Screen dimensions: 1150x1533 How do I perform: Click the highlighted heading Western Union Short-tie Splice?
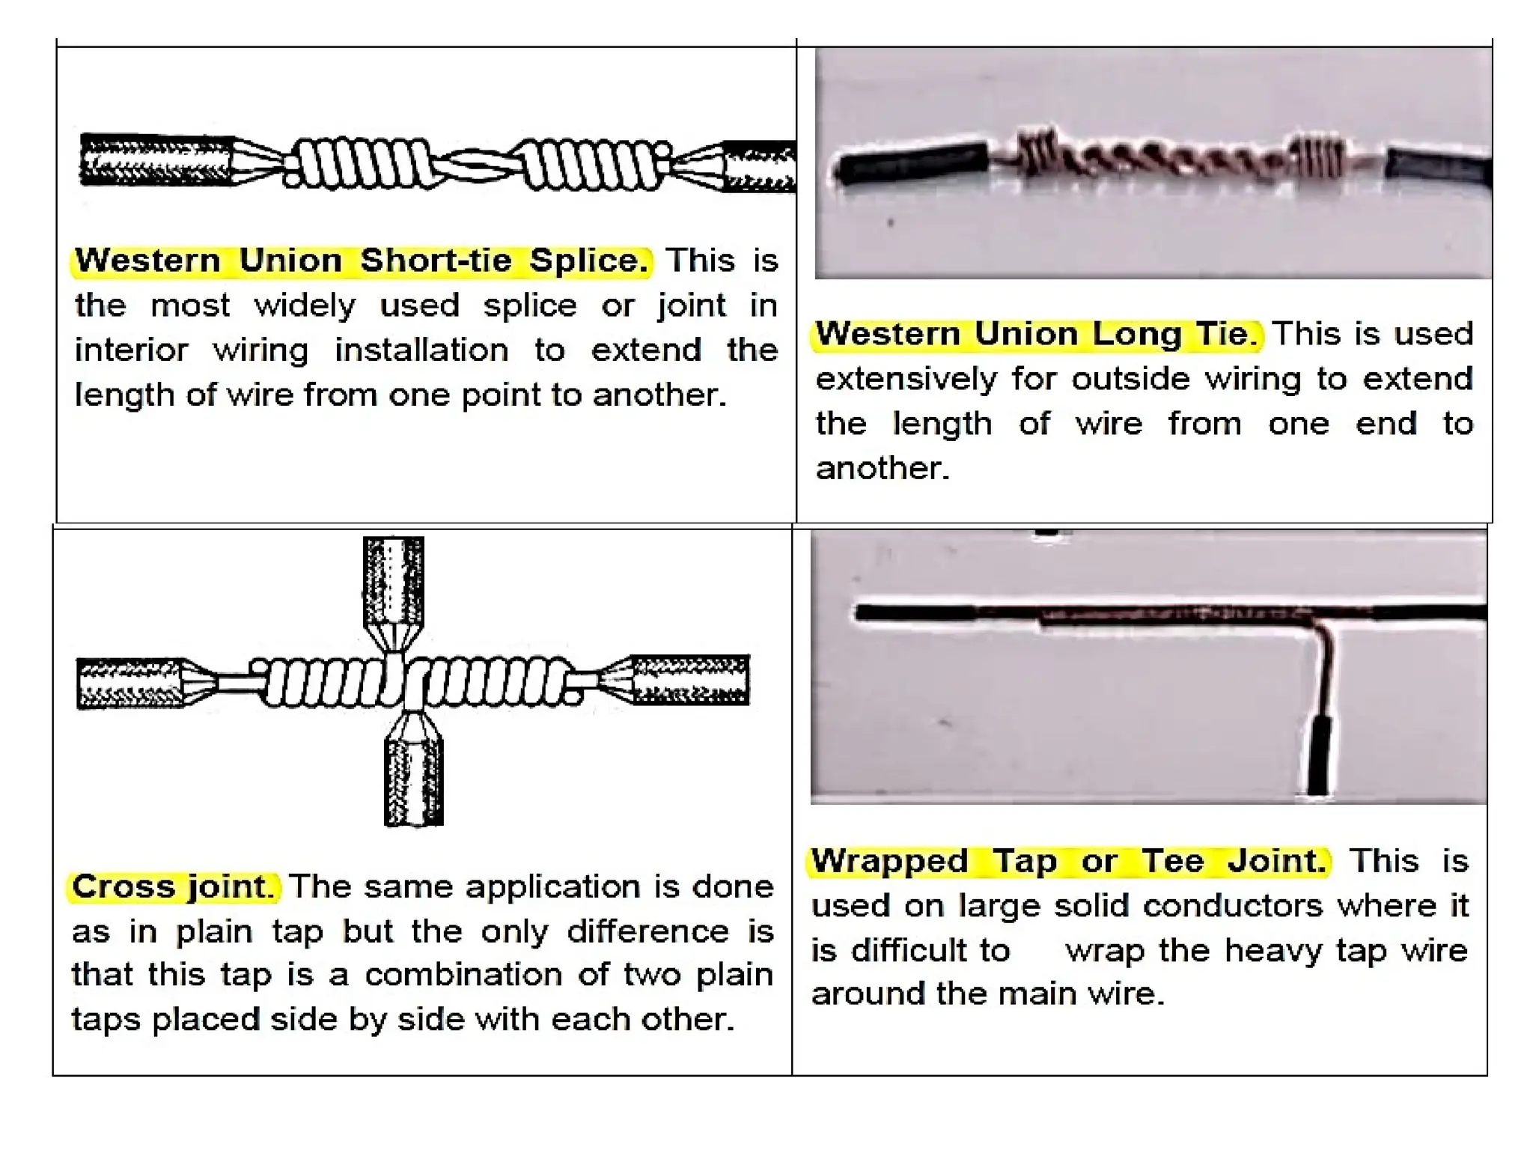click(362, 261)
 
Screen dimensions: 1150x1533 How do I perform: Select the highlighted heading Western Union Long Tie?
click(1036, 334)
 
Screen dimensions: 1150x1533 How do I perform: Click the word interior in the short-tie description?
click(131, 350)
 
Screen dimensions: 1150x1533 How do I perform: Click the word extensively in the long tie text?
click(906, 379)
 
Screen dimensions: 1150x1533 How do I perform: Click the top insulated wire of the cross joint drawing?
click(394, 580)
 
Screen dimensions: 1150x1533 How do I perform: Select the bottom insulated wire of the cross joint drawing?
click(413, 782)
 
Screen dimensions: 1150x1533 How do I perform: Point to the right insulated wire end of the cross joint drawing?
click(690, 679)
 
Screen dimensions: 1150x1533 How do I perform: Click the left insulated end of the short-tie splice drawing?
click(156, 159)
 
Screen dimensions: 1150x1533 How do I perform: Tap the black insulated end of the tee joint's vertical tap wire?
click(1318, 756)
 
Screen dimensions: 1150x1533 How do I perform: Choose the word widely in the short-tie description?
click(305, 306)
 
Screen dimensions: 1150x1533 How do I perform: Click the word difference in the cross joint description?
click(647, 931)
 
